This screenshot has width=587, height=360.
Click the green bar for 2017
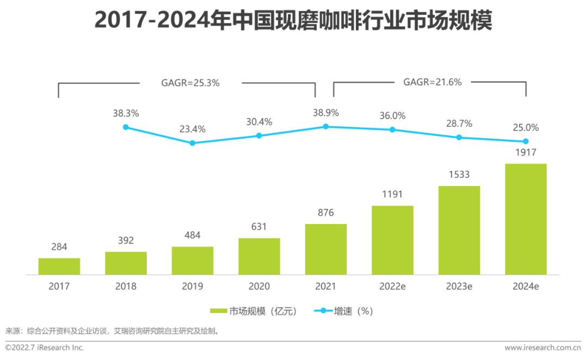click(59, 266)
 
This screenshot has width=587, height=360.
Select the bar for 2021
click(326, 249)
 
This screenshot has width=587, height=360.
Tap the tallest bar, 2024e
click(526, 219)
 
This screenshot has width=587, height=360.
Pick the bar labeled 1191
click(392, 240)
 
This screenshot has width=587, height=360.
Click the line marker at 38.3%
click(126, 127)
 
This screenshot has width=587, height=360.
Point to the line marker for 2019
click(192, 143)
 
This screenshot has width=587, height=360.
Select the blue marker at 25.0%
click(526, 141)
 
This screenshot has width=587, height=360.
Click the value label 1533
click(459, 175)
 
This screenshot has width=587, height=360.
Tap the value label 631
click(259, 226)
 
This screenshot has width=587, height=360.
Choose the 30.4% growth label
click(259, 122)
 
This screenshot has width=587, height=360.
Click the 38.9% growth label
click(326, 113)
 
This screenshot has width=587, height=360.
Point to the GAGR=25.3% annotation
click(190, 83)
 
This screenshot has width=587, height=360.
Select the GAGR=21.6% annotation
click(432, 82)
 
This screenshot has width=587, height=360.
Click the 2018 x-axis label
click(126, 286)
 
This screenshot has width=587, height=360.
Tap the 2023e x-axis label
click(459, 286)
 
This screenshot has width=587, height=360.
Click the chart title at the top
click(293, 21)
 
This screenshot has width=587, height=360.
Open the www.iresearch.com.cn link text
click(542, 347)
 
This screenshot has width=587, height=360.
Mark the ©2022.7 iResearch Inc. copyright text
click(45, 347)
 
